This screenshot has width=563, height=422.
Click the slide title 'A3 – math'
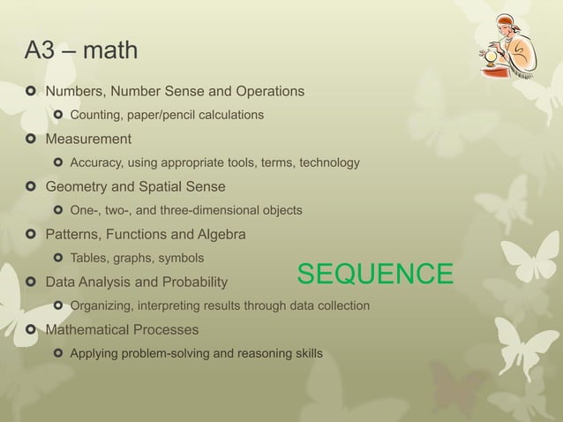point(80,50)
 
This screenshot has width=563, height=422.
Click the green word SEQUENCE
point(375,275)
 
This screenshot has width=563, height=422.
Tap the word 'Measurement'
point(88,139)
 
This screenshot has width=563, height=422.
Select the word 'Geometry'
point(77,186)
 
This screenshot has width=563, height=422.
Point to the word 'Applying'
point(95,353)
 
